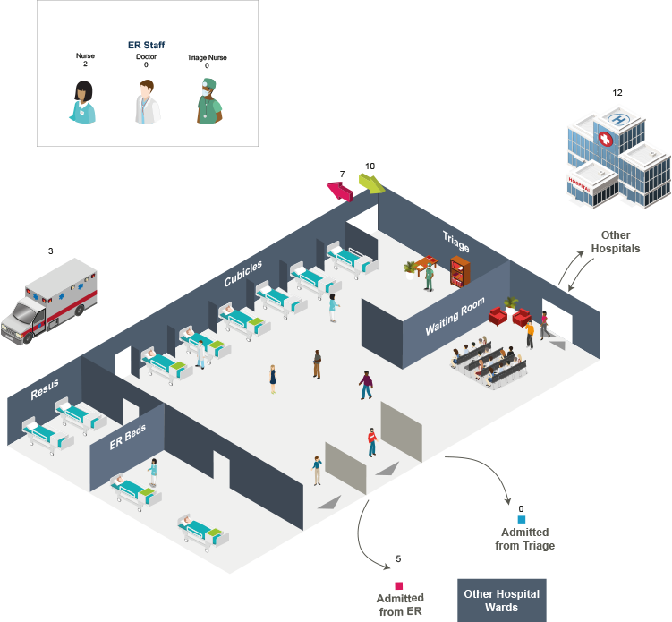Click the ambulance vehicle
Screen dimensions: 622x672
(x=53, y=301)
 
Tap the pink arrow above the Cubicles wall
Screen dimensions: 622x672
(x=339, y=190)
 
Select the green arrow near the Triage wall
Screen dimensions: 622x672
(x=371, y=183)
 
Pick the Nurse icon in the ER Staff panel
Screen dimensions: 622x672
(x=83, y=101)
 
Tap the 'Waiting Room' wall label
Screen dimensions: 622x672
(x=455, y=317)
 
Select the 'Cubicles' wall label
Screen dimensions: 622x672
(x=243, y=274)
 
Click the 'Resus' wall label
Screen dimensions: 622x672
(x=45, y=390)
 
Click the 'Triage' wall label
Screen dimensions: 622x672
(x=455, y=237)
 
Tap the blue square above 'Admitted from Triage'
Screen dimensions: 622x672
(x=522, y=519)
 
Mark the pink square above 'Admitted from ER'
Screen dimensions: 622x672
(x=399, y=585)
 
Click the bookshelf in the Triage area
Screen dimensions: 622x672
(x=459, y=269)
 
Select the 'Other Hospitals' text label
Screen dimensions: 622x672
(x=616, y=242)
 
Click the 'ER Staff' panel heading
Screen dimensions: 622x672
(x=147, y=44)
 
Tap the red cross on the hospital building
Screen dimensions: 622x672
(x=605, y=141)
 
